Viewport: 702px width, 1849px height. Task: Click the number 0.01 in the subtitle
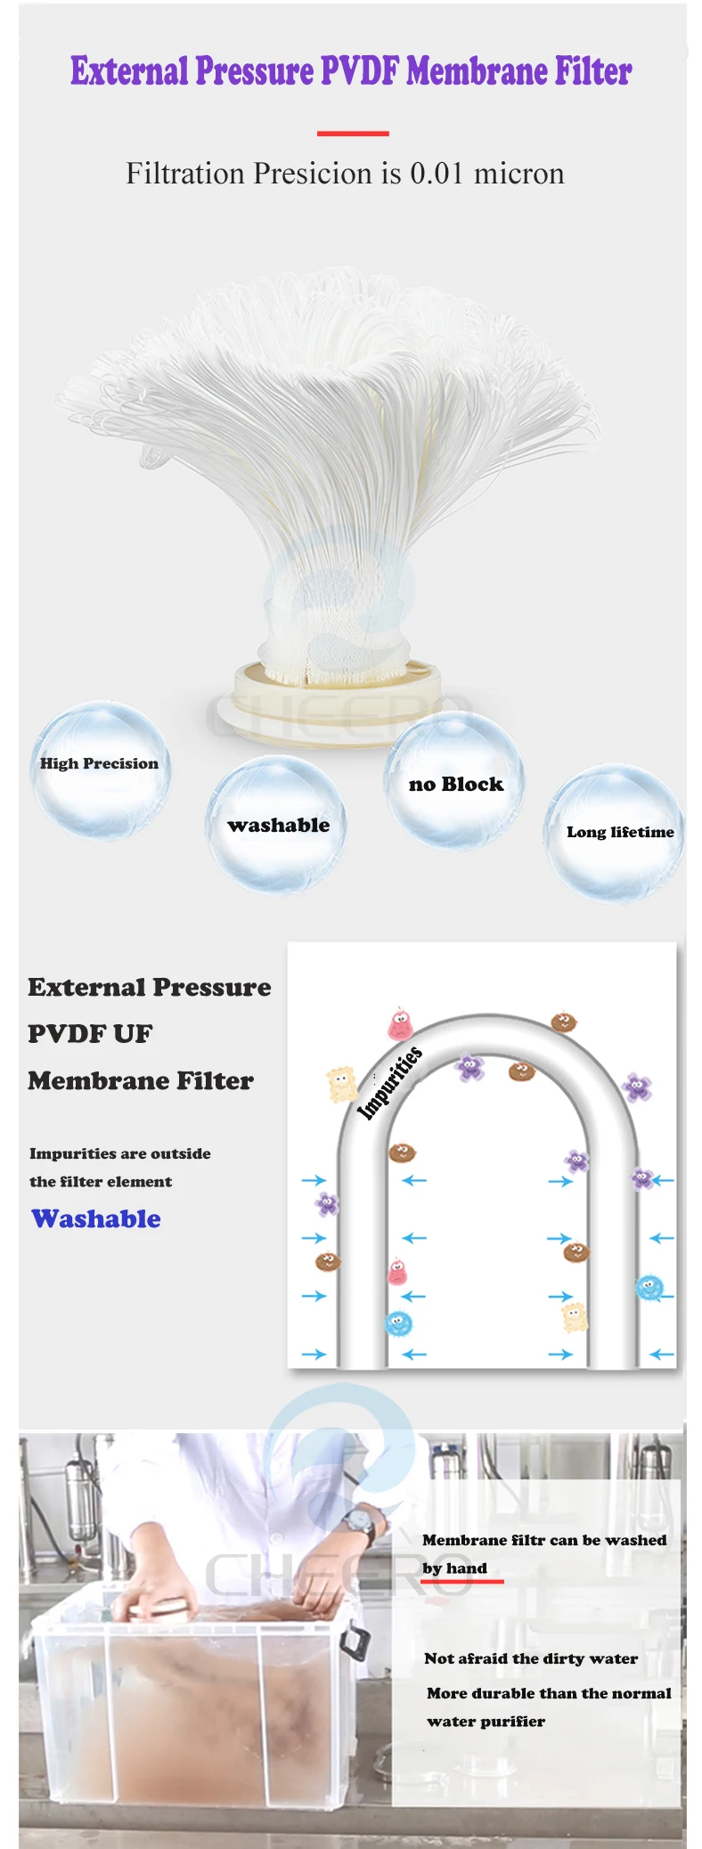(x=437, y=173)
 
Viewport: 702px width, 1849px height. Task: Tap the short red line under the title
(x=353, y=134)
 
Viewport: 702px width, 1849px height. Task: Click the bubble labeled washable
(x=277, y=825)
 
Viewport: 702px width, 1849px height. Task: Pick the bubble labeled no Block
(x=454, y=781)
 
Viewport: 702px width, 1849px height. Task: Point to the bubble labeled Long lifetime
(x=616, y=832)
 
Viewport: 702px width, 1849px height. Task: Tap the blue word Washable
(x=96, y=1218)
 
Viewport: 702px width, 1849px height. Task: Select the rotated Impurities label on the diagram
(x=389, y=1083)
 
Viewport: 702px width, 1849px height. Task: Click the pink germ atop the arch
(x=400, y=1024)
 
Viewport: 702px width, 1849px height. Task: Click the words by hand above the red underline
(x=454, y=1568)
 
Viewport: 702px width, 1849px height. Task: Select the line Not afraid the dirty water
(x=531, y=1658)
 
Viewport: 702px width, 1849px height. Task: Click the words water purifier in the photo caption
(x=486, y=1722)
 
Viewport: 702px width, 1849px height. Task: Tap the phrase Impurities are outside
(x=120, y=1153)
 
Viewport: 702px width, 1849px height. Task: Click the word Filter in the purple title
(x=593, y=71)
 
